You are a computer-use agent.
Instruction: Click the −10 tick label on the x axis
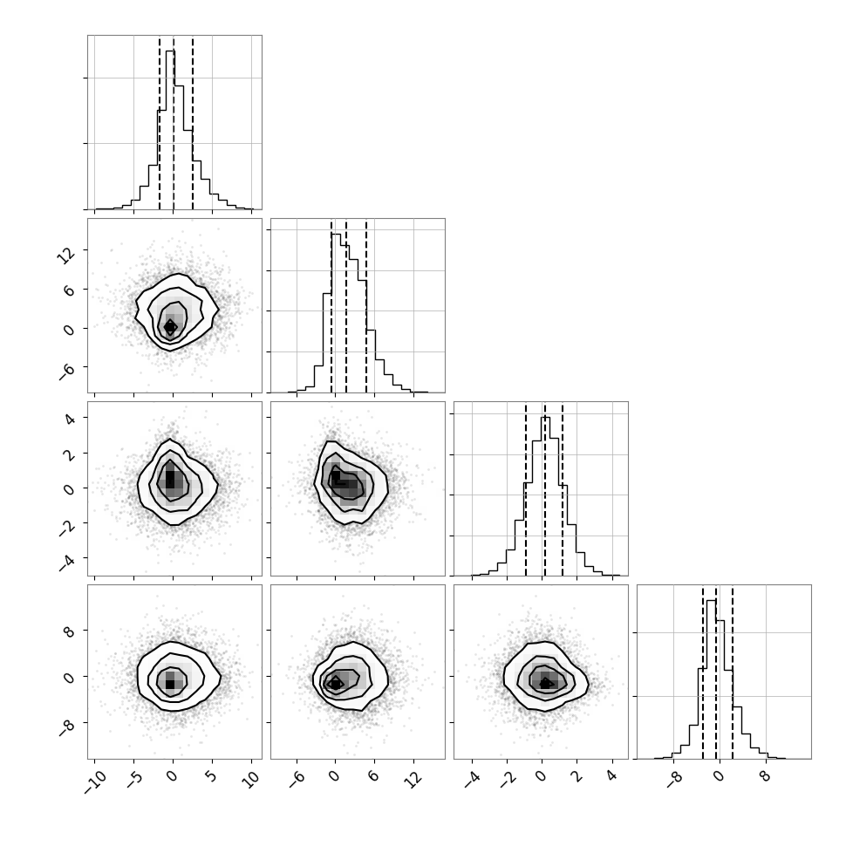(96, 782)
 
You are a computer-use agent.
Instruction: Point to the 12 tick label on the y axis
(65, 255)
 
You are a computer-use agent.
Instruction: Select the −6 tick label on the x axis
(297, 780)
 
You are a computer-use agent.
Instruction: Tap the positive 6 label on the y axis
(69, 290)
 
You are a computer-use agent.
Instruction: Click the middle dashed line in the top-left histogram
(174, 123)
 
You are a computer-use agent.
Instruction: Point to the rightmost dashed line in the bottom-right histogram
(732, 672)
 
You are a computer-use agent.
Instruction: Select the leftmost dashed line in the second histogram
(331, 306)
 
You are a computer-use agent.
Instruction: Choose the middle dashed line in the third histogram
(545, 490)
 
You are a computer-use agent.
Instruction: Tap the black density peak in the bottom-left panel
(170, 684)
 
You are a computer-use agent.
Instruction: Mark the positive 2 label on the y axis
(69, 454)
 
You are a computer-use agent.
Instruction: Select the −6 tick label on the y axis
(66, 372)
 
